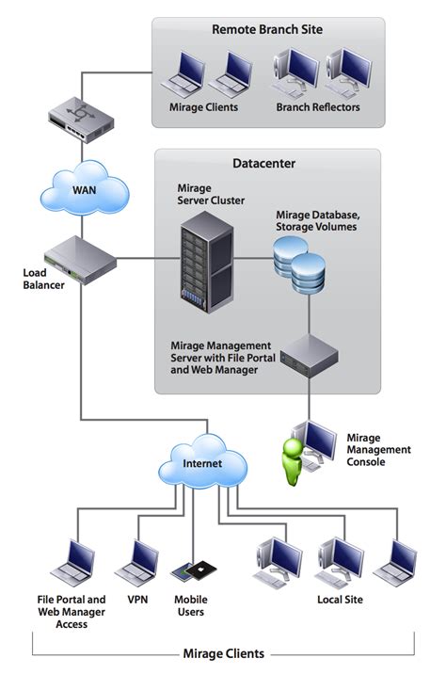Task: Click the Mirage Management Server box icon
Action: tap(309, 355)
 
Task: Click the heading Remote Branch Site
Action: tap(267, 30)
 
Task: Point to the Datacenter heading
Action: tap(264, 163)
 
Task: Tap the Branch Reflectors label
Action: tap(315, 107)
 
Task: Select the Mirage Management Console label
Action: tap(378, 450)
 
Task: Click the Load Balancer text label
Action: tap(42, 280)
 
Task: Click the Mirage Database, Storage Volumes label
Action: tap(317, 221)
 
